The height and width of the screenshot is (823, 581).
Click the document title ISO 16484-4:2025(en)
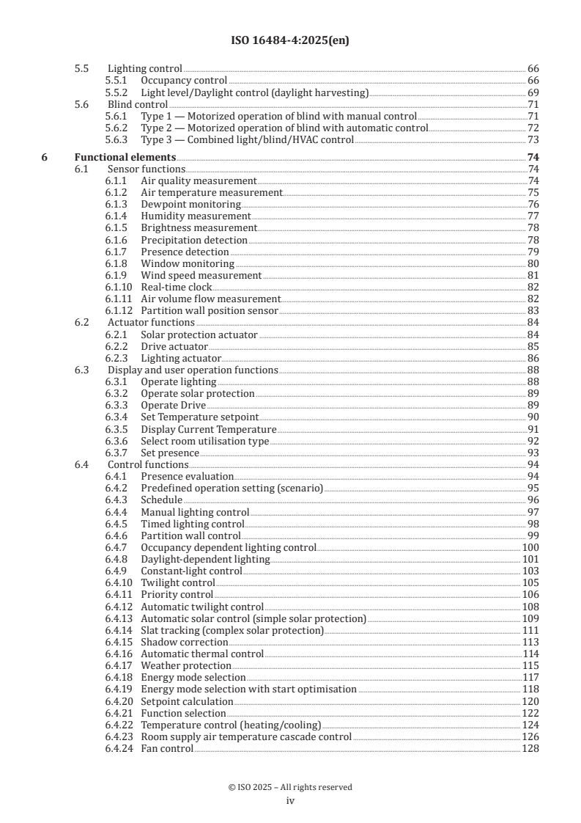coord(290,41)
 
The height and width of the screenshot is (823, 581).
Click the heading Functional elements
coord(125,157)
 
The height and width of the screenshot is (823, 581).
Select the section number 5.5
coord(82,68)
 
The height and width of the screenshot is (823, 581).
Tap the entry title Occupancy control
coord(184,80)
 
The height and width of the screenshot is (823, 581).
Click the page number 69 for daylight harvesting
coord(533,92)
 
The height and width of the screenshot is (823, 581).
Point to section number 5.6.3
coord(116,140)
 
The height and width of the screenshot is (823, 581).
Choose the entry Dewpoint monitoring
coord(190,204)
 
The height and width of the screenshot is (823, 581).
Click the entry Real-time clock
coord(176,287)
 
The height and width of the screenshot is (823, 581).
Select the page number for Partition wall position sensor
coord(533,311)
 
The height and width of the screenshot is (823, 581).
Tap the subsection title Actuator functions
coord(151,323)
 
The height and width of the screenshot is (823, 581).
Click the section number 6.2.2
coord(116,346)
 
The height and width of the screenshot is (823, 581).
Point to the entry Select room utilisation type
coord(204,442)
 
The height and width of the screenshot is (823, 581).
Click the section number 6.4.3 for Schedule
coord(116,500)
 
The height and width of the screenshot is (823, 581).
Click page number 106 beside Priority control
coord(530,595)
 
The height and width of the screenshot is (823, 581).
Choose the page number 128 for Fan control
coord(530,749)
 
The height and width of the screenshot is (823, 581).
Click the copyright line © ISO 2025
coord(290,787)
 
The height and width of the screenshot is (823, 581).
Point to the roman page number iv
coord(290,801)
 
